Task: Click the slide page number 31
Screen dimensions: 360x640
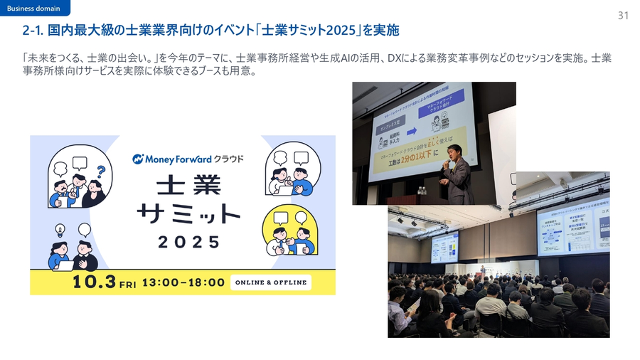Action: tap(623, 15)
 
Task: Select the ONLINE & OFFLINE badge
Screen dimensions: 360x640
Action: tap(271, 282)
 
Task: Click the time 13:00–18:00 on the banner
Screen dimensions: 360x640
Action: tap(183, 282)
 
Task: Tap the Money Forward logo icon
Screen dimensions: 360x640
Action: tap(139, 159)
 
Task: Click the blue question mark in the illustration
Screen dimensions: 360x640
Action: tap(101, 171)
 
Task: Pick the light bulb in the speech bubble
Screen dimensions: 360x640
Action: tap(61, 229)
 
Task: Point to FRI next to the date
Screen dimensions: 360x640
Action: tap(127, 283)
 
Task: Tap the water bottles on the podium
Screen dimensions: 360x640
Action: tap(422, 190)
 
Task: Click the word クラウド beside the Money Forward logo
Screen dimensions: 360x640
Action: tap(228, 159)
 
